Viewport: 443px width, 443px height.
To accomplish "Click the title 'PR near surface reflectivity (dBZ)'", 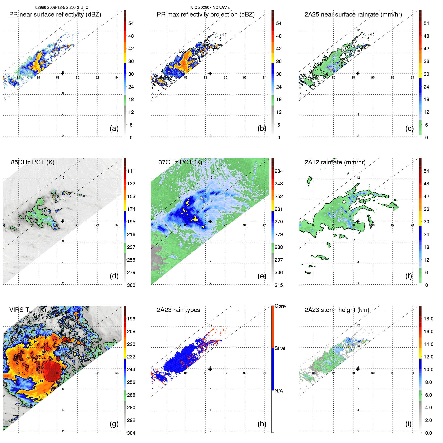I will (x=55, y=15).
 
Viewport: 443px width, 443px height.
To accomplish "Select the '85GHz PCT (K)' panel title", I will (x=33, y=162).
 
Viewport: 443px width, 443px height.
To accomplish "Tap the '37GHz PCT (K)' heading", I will (x=180, y=162).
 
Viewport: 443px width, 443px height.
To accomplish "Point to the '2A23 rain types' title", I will (x=178, y=310).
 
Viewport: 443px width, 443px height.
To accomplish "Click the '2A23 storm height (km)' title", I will (x=337, y=310).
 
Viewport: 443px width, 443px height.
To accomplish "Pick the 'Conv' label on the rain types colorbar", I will (x=280, y=306).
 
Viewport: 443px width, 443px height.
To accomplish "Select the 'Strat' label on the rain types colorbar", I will (x=280, y=348).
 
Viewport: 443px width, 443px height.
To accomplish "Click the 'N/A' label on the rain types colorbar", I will (x=279, y=391).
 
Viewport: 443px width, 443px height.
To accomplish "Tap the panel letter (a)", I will (x=114, y=128).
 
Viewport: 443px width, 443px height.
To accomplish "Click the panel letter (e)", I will (x=262, y=276).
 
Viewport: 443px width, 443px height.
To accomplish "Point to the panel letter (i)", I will (x=408, y=424).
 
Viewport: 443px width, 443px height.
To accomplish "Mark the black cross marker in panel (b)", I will (x=210, y=73).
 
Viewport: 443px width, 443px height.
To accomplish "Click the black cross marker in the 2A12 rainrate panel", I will (x=358, y=221).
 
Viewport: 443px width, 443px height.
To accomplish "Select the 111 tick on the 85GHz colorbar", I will (x=131, y=171).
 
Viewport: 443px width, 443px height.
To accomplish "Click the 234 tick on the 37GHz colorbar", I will (x=279, y=171).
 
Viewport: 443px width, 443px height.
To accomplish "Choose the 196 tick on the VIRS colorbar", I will (x=131, y=319).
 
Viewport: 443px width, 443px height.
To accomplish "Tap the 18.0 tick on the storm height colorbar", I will (x=428, y=319).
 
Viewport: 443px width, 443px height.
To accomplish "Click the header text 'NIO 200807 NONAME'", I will (x=210, y=8).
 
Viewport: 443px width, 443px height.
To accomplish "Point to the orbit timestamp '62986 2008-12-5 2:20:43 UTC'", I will (x=62, y=8).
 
